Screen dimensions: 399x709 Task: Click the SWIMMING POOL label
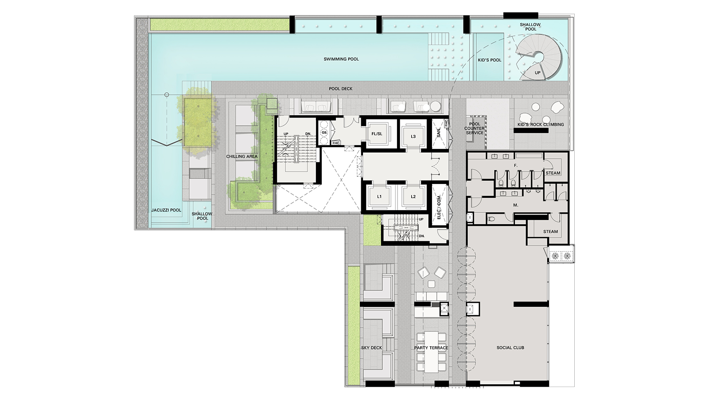341,59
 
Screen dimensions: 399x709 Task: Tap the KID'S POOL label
490,60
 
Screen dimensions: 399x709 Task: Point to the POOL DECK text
341,89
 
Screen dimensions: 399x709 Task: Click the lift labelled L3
413,136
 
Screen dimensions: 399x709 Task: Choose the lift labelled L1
379,196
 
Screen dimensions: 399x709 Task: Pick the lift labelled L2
413,196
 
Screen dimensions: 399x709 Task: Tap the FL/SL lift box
377,134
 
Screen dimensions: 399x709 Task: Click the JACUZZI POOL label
166,210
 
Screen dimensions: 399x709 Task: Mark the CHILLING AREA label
242,156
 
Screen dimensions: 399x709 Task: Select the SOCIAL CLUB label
510,348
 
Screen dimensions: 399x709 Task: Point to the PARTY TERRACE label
431,348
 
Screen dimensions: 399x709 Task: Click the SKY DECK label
371,348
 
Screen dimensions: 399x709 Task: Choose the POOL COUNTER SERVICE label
474,129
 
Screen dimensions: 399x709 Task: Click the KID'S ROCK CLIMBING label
541,125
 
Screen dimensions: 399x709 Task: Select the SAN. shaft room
439,132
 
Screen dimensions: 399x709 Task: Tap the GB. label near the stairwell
324,132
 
